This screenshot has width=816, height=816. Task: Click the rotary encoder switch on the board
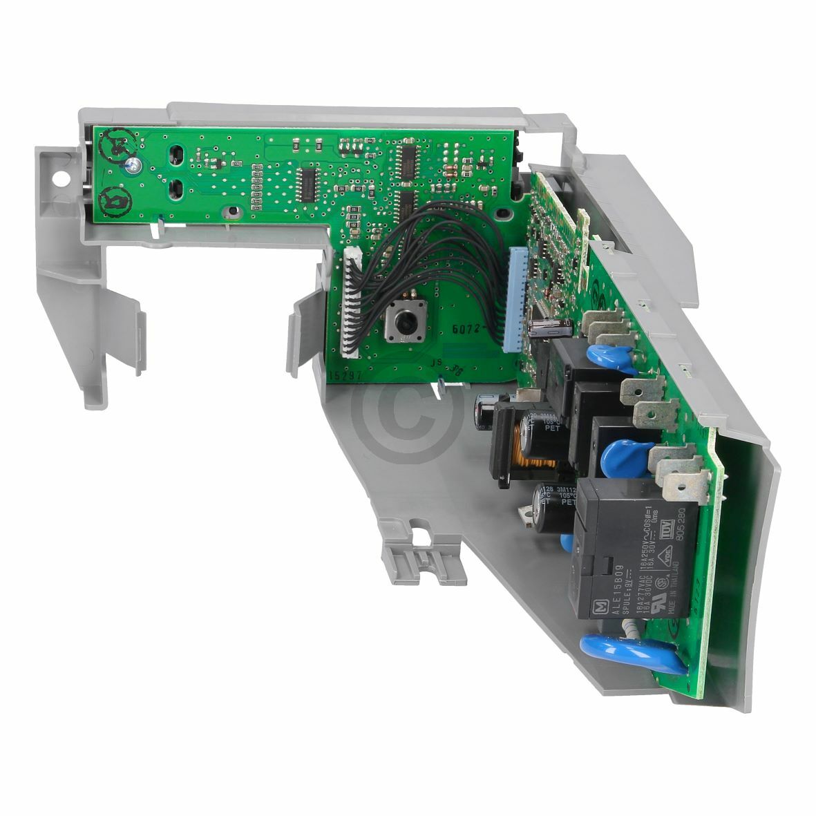coord(401,321)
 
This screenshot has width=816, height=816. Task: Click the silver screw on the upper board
coord(130,164)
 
